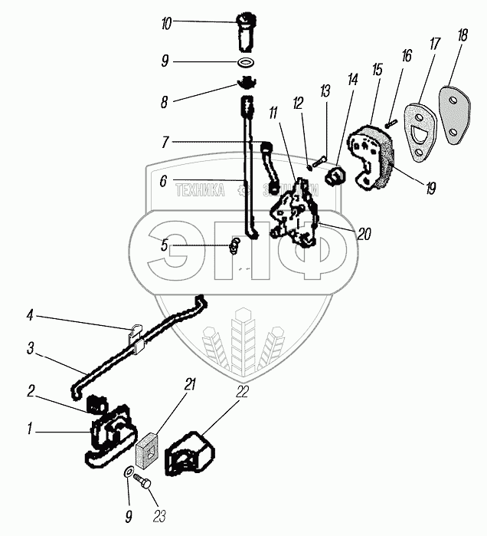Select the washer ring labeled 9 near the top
pyautogui.click(x=245, y=62)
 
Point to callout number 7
pyautogui.click(x=166, y=142)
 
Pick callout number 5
pyautogui.click(x=163, y=245)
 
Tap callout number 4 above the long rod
pyautogui.click(x=30, y=314)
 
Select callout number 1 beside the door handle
pyautogui.click(x=29, y=432)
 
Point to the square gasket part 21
pyautogui.click(x=147, y=449)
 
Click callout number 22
pyautogui.click(x=243, y=392)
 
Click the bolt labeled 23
pyautogui.click(x=143, y=482)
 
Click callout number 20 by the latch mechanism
pyautogui.click(x=364, y=235)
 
